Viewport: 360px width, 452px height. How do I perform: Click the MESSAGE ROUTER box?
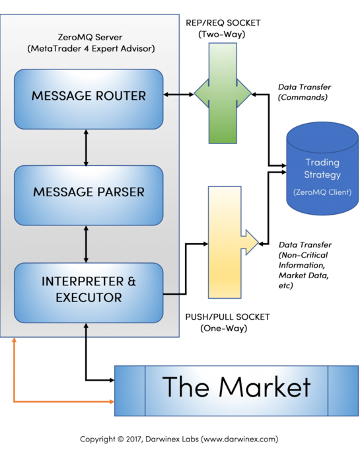pos(89,99)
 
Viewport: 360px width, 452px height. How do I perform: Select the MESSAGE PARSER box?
pos(89,195)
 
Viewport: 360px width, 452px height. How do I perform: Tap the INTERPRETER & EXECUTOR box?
pos(89,293)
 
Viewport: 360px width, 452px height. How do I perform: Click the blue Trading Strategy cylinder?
pos(322,169)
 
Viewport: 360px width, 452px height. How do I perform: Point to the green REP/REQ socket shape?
pos(223,93)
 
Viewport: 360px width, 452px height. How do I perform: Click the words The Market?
pos(236,387)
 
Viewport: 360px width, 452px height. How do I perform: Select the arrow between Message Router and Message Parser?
pos(86,147)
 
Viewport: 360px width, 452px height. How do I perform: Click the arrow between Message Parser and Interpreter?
pos(86,244)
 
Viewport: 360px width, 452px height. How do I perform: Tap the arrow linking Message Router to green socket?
pos(179,94)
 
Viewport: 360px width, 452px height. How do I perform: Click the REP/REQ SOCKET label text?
pos(223,22)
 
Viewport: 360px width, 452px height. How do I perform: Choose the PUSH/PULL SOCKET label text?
pos(227,317)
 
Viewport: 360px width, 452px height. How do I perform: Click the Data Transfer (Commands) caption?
pos(304,93)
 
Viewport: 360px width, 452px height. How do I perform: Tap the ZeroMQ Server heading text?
pos(90,37)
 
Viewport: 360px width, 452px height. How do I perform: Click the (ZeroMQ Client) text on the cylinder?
pos(322,192)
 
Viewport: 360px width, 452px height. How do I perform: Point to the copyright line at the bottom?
pos(179,439)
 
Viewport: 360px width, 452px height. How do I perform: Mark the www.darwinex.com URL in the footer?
pos(239,439)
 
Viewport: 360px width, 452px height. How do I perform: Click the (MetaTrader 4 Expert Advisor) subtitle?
pos(91,49)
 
